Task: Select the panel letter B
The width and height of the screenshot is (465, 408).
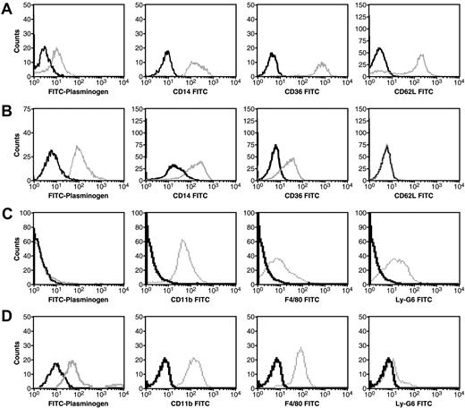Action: pos(7,113)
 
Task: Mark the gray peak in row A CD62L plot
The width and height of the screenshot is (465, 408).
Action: pos(421,55)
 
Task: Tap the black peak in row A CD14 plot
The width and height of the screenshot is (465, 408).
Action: pos(166,53)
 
